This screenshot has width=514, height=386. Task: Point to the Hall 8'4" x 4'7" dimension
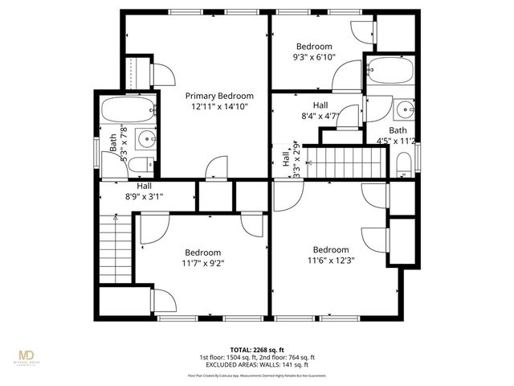(x=320, y=116)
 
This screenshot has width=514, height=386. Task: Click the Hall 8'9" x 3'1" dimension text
(x=144, y=195)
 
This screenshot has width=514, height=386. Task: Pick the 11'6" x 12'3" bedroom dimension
(x=331, y=260)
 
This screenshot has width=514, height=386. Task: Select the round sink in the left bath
(x=145, y=139)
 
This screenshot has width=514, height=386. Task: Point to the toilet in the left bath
(x=141, y=165)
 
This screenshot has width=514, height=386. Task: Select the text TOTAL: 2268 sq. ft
(x=257, y=350)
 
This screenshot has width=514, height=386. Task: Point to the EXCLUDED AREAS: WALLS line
(x=257, y=364)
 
